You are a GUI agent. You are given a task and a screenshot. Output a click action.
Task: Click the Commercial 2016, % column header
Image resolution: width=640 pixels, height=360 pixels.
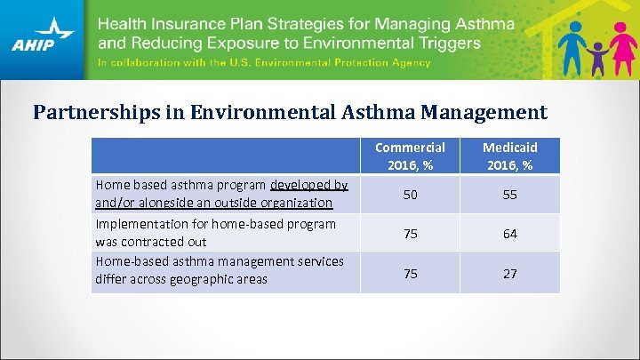[410, 156]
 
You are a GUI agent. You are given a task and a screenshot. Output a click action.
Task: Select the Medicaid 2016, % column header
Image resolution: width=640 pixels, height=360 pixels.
[509, 156]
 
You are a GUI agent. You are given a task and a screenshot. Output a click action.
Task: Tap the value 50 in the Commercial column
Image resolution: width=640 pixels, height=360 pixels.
[410, 194]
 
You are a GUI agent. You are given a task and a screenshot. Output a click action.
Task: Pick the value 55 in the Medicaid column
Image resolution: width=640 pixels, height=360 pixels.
[509, 194]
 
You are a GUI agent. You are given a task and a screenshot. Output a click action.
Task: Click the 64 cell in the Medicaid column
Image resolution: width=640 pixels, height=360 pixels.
[509, 234]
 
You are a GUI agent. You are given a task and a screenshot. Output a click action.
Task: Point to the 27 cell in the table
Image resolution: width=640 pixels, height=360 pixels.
[509, 273]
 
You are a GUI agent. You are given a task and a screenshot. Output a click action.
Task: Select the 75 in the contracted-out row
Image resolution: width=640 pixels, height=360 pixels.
[410, 234]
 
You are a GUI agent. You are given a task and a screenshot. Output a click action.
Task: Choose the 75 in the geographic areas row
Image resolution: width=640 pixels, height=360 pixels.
[410, 273]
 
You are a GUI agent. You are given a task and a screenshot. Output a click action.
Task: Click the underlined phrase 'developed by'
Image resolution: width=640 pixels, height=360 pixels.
[308, 185]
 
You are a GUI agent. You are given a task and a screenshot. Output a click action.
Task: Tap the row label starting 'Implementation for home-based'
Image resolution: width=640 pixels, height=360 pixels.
[215, 233]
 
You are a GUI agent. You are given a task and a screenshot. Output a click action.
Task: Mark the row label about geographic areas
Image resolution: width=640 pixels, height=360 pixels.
[219, 270]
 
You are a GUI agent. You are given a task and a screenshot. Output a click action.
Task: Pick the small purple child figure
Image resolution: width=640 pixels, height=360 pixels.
[596, 57]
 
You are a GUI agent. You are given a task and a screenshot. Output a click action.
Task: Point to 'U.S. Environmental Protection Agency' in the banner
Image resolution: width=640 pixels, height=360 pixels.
[343, 63]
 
